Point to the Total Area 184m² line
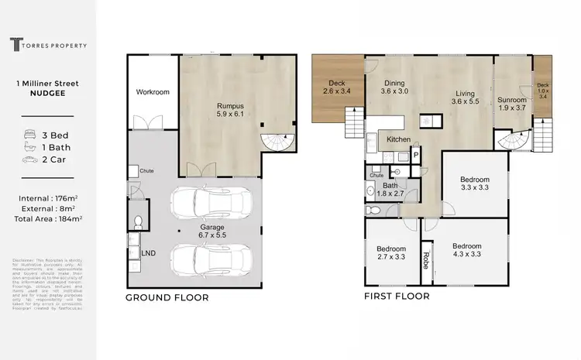coord(48,218)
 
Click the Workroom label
coord(153,92)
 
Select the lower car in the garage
coord(211,259)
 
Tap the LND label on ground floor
coord(148,253)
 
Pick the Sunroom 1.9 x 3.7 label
coord(512,105)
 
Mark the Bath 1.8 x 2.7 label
coord(390,190)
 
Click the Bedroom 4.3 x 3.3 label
coord(467,251)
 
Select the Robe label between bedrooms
coord(425,257)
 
